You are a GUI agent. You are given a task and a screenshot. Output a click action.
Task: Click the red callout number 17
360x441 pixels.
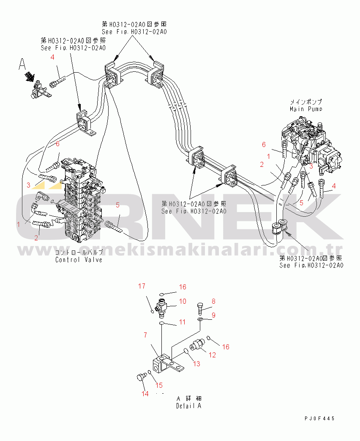(x=142, y=286)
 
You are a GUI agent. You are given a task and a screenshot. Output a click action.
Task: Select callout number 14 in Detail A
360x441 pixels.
(x=145, y=394)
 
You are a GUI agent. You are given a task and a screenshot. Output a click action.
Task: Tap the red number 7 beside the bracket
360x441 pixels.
(x=145, y=335)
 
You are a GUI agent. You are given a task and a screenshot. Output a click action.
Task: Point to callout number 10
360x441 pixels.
(x=183, y=301)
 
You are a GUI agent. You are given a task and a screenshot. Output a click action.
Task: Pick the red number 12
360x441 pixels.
(x=212, y=355)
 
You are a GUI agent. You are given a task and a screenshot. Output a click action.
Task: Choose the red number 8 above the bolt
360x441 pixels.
(x=213, y=301)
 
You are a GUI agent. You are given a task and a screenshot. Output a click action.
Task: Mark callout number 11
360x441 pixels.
(x=182, y=322)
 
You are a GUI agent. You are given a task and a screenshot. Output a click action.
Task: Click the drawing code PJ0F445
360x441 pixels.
(x=319, y=418)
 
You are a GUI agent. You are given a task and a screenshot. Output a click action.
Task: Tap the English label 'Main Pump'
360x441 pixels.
(x=305, y=109)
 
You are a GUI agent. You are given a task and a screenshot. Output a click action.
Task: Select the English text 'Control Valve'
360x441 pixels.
(x=79, y=260)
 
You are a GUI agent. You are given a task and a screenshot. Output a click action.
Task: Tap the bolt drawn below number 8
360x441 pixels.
(x=201, y=310)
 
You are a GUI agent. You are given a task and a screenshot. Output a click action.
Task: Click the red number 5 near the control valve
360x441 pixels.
(x=117, y=205)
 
